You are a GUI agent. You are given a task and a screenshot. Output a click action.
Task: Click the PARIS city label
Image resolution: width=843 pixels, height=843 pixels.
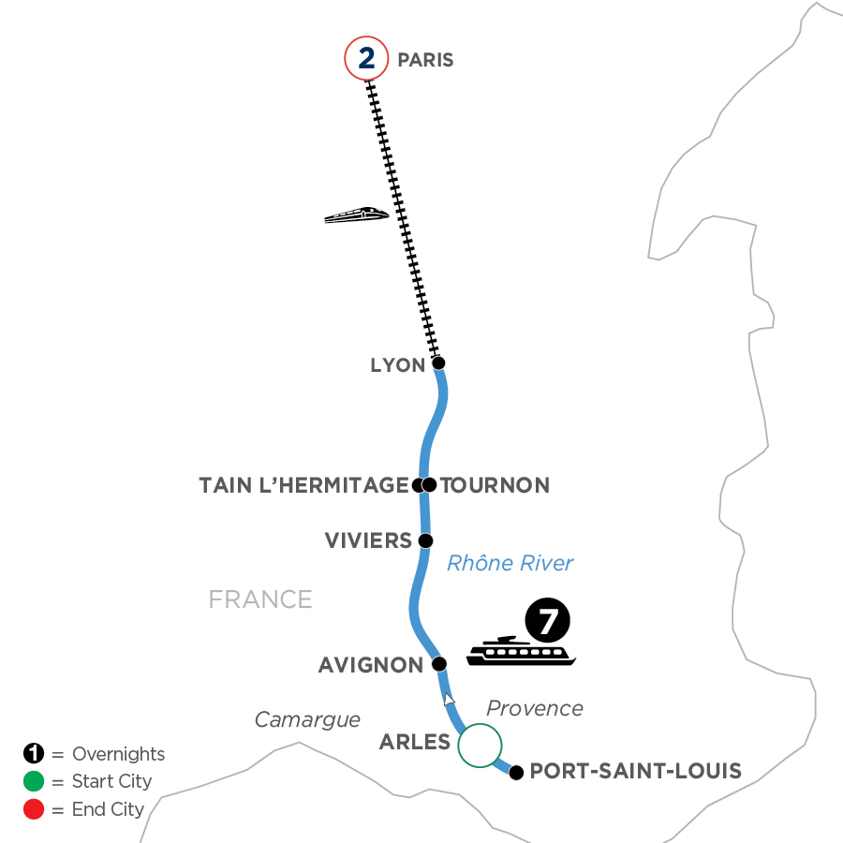point(425,60)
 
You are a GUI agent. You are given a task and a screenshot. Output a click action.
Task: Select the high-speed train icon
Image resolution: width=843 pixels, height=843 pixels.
point(356,214)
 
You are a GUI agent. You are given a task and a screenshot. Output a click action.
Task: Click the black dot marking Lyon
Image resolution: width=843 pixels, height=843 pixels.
point(437,362)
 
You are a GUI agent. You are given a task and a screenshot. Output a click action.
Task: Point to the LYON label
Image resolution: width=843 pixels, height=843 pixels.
point(398,365)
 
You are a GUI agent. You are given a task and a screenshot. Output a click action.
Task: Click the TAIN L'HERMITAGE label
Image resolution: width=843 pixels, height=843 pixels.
point(303,485)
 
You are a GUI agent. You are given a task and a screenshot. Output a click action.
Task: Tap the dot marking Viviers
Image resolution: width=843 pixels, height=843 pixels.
point(425,540)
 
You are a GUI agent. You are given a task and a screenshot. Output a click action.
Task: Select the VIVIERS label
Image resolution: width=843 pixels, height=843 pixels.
point(368,540)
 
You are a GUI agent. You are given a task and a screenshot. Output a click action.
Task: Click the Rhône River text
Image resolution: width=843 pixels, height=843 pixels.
point(510,563)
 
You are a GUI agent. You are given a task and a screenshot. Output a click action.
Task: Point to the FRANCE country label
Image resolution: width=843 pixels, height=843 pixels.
point(260,599)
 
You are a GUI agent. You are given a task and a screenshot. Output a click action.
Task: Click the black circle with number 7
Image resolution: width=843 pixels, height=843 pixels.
point(547,621)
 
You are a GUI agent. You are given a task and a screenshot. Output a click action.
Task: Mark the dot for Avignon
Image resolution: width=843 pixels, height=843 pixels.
point(437,664)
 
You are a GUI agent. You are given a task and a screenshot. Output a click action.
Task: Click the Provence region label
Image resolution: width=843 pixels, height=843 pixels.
point(535,708)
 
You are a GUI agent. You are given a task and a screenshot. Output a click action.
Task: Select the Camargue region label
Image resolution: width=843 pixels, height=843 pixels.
point(308,719)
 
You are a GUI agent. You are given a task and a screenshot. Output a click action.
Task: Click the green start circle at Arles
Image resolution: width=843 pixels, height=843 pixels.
point(480,746)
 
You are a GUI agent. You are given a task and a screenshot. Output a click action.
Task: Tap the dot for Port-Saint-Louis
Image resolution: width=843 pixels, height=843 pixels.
point(515,772)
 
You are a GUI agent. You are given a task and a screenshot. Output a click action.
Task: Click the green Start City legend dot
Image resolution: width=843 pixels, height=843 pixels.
point(34,781)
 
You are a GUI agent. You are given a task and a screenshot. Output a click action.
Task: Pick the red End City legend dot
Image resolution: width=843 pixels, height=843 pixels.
point(34,809)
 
